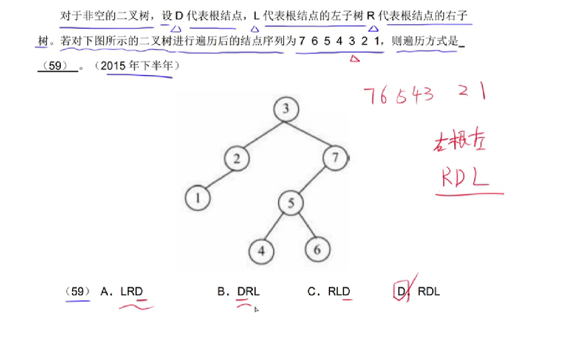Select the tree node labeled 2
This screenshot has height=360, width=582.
point(237,159)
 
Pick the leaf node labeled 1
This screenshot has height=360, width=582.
point(198,198)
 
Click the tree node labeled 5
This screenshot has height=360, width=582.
point(291,203)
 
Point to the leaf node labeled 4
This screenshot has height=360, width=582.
point(261,251)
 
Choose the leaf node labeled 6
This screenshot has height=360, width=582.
point(318,250)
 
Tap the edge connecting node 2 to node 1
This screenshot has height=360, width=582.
point(217,178)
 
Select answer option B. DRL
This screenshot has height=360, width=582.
point(239,292)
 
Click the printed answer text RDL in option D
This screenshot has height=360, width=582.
point(429,292)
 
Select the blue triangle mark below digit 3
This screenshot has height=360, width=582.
point(354,59)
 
